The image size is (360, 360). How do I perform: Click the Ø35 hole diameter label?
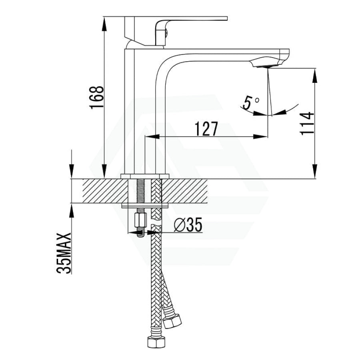(x=188, y=226)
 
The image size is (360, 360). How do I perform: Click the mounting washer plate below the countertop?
(x=145, y=206)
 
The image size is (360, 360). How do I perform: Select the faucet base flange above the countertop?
(x=145, y=176)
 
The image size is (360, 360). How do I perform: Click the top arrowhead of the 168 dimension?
(x=104, y=22)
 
